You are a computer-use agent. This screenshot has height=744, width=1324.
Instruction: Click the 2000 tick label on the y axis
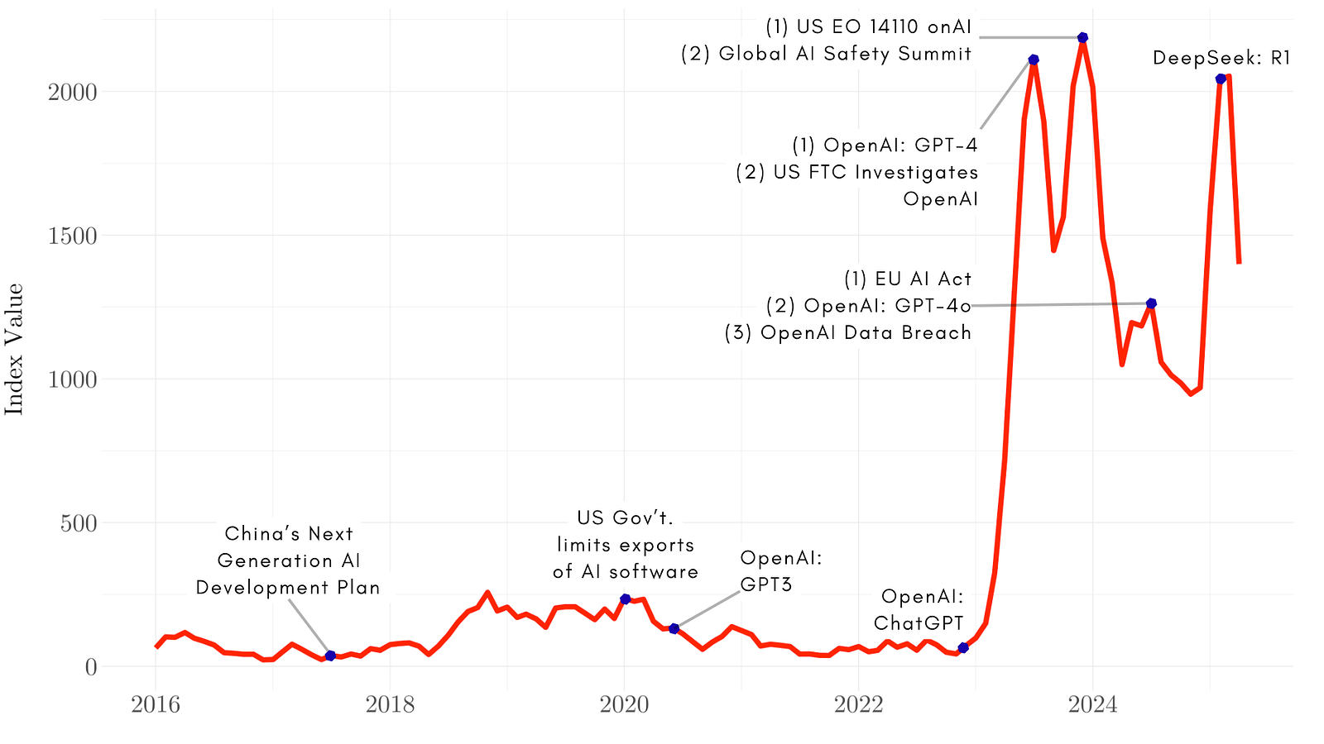(73, 92)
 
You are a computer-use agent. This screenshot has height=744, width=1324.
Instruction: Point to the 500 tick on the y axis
(79, 523)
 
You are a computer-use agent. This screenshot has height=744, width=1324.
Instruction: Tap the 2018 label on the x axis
(390, 705)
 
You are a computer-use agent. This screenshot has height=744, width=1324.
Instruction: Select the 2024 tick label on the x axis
(1092, 705)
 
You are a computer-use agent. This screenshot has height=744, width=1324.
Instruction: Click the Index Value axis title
(14, 349)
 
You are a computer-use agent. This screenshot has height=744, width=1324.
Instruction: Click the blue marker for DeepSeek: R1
(1221, 79)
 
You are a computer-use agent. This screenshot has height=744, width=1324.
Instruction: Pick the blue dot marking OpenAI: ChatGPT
(962, 647)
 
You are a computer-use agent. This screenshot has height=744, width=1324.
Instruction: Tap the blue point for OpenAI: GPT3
(674, 629)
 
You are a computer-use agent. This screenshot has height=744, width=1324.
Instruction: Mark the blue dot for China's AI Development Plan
(330, 656)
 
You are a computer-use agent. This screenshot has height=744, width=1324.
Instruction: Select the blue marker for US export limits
(625, 599)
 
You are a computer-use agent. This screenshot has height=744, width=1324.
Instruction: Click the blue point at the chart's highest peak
(1082, 37)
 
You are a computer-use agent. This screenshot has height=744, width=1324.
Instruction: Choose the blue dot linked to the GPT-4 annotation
(1034, 60)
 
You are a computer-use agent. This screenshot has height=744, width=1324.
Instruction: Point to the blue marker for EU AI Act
(1151, 303)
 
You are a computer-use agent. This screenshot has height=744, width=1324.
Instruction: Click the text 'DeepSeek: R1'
(1221, 58)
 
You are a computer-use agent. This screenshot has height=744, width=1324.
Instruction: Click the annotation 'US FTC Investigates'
(857, 173)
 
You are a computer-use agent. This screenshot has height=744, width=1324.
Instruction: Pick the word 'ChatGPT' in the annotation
(919, 622)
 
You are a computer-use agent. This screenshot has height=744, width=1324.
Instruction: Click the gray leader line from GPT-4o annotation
(1059, 305)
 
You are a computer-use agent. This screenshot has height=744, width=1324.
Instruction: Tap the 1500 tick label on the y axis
(73, 236)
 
